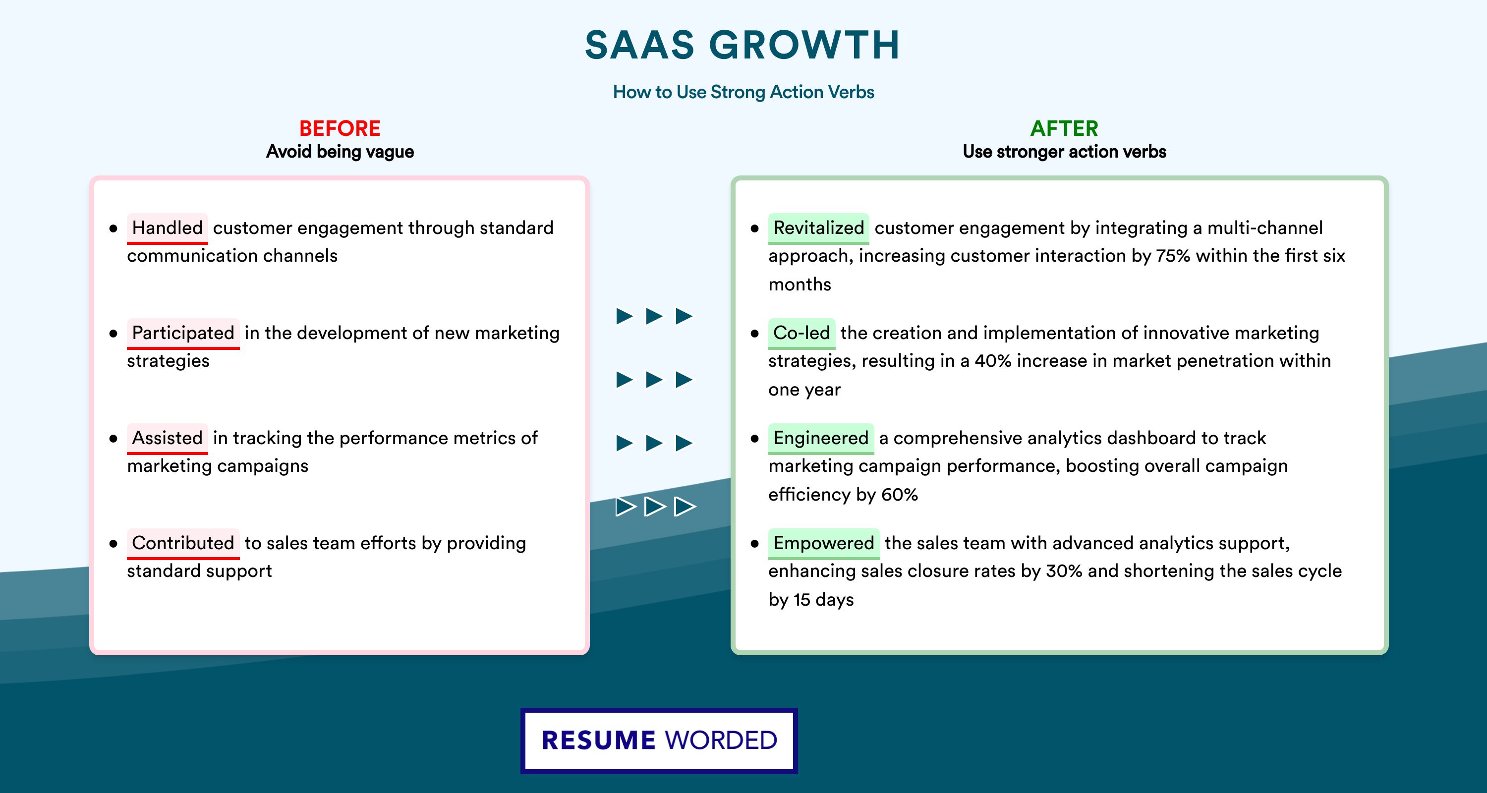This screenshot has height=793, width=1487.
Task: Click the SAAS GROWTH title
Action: (743, 45)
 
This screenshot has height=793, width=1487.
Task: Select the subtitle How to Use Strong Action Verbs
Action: (743, 92)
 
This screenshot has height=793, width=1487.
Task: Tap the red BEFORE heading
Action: (340, 128)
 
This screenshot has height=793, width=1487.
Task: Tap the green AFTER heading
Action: (1065, 128)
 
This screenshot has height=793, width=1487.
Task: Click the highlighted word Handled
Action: (168, 228)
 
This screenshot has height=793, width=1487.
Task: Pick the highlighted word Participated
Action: (183, 333)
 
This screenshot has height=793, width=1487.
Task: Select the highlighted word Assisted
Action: (168, 438)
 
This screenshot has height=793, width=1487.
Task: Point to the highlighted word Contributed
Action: (183, 543)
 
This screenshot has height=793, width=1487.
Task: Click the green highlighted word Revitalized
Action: (818, 228)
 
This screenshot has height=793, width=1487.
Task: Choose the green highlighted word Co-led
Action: (802, 333)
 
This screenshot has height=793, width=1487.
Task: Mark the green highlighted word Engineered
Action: (821, 438)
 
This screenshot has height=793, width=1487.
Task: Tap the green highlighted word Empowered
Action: (824, 543)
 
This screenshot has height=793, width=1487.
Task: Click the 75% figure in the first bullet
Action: (1173, 256)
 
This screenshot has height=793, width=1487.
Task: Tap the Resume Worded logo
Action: (659, 740)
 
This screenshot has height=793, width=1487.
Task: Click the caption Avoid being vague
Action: (340, 152)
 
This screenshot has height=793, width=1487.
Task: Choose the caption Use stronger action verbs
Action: (1065, 152)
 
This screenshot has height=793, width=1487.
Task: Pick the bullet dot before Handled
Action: (113, 228)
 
